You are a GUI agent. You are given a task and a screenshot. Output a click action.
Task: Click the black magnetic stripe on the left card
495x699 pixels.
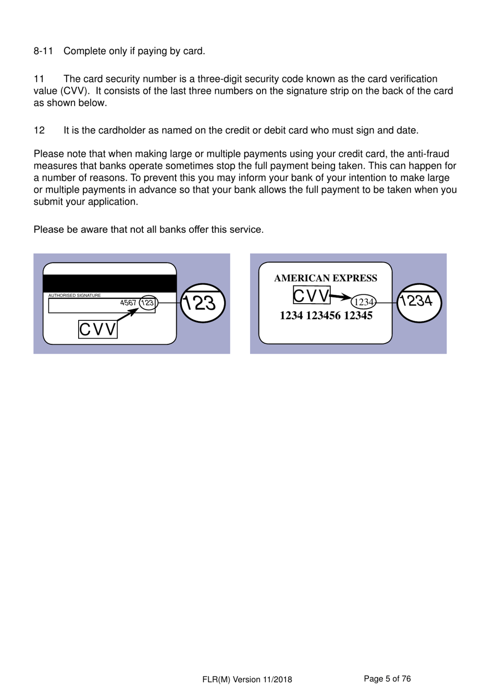[x=109, y=283]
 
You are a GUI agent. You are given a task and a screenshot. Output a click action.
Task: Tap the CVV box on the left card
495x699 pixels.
[x=98, y=329]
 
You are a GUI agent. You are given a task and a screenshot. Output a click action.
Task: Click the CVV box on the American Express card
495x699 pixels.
[x=312, y=295]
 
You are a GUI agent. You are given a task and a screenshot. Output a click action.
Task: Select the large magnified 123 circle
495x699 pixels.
[x=203, y=303]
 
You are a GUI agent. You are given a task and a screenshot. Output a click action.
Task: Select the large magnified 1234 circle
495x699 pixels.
[x=419, y=303]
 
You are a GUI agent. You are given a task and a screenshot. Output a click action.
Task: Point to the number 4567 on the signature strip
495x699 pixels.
[x=128, y=303]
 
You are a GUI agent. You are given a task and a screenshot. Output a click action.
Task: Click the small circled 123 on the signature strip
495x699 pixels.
[x=148, y=303]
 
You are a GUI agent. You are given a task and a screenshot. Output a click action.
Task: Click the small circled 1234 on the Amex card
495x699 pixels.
[x=364, y=302]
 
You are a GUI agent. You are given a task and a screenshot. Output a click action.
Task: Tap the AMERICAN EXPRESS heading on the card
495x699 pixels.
[x=326, y=278]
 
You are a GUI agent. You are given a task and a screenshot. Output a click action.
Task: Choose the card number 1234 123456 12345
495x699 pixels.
[x=326, y=316]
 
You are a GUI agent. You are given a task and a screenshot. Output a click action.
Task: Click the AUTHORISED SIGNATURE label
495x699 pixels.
[x=75, y=295]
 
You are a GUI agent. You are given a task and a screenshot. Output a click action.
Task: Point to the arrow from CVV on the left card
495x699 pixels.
[x=128, y=315]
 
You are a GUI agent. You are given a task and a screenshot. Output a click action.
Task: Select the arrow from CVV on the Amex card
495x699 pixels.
[x=341, y=297]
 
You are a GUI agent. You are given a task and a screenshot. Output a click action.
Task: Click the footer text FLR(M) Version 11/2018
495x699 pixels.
[x=247, y=679]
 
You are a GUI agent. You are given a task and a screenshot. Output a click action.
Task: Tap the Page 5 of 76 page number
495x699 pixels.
[x=387, y=679]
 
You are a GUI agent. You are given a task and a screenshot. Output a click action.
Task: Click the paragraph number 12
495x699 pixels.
[x=39, y=130]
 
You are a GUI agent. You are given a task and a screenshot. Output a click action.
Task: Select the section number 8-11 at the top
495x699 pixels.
[x=43, y=51]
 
